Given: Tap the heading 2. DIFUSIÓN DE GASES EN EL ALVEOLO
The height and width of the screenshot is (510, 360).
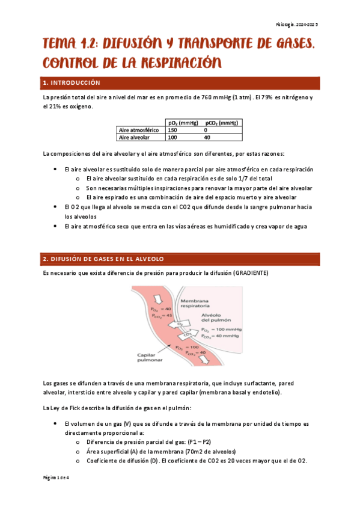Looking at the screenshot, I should (103, 259).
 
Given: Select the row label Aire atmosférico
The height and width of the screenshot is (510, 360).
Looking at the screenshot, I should (139, 130).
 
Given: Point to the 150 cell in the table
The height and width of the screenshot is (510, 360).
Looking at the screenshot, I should (173, 130).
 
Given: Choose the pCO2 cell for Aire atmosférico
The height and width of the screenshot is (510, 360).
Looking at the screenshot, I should (206, 130).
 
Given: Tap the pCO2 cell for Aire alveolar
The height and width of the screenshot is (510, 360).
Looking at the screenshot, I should (207, 137).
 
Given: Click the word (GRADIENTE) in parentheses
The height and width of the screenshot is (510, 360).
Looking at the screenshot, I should (251, 273).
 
